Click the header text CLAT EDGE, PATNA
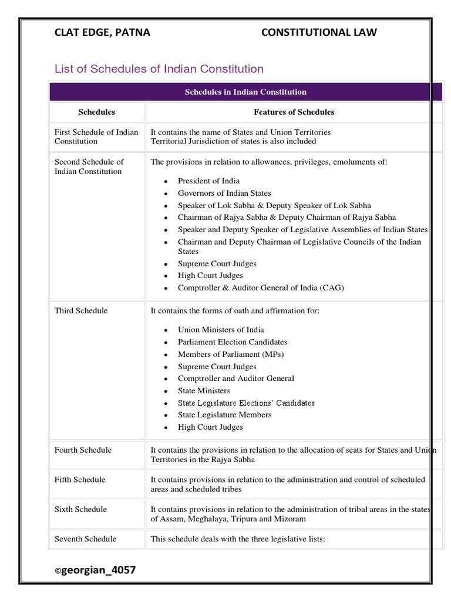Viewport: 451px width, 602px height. pos(102,32)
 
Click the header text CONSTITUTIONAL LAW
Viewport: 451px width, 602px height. pos(319,32)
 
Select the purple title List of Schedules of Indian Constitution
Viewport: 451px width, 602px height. pos(159,69)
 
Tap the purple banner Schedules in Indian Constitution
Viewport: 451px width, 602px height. pos(245,92)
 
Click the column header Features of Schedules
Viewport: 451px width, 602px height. pos(294,112)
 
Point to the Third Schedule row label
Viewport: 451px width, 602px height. pos(81,310)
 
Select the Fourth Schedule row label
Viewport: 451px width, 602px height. pos(83,450)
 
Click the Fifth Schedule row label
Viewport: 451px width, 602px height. pos(80,480)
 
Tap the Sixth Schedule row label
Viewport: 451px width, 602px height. pos(80,509)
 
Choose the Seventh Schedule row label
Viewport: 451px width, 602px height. pos(85,539)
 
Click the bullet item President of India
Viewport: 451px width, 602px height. pos(208,180)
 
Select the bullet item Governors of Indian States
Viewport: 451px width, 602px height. pos(224,193)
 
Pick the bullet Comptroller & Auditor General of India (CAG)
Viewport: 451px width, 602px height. pos(261,287)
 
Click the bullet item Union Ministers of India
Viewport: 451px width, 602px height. pos(221,330)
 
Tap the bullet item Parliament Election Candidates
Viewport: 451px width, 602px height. pos(233,342)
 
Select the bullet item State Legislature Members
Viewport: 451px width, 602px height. pos(225,414)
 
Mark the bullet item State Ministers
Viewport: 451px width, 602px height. pos(204,390)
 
